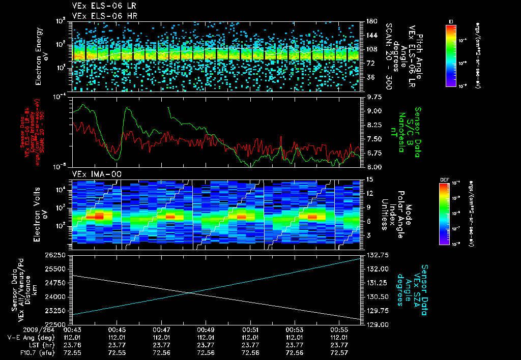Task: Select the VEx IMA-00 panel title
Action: click(x=92, y=174)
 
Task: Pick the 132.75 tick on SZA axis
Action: click(x=375, y=255)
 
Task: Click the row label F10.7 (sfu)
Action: click(x=27, y=352)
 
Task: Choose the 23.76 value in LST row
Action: click(x=73, y=344)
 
